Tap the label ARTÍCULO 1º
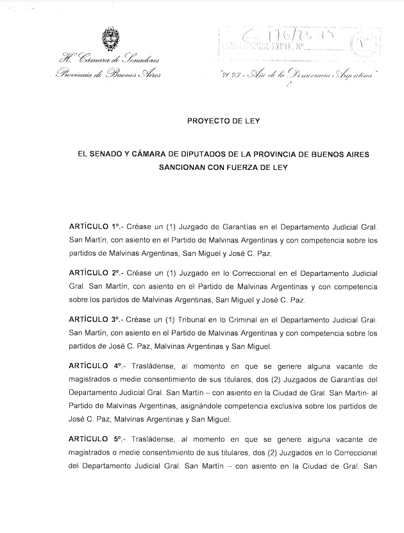(96, 228)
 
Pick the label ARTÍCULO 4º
(96, 366)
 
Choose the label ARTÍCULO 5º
(96, 439)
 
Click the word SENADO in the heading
(109, 155)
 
